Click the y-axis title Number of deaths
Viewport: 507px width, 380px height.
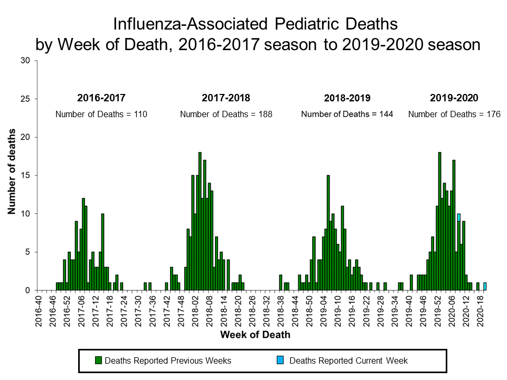tap(11, 172)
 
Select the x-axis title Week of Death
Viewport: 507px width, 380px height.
tap(255, 335)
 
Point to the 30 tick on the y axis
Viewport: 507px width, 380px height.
tap(25, 61)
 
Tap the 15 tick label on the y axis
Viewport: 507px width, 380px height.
tap(25, 175)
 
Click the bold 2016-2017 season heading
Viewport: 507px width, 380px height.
tap(101, 98)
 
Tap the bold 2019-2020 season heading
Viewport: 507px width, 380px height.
tap(454, 98)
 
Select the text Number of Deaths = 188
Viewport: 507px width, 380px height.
tap(226, 114)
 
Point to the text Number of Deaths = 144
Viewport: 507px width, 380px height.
tap(347, 114)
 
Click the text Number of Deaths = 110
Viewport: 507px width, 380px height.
tap(101, 114)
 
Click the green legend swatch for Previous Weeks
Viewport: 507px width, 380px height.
tap(98, 361)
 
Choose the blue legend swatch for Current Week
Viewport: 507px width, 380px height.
tap(280, 361)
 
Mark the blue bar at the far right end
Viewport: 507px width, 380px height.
tap(485, 287)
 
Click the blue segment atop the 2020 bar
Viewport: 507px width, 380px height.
tap(458, 217)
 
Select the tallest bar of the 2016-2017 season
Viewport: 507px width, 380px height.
tap(83, 244)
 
